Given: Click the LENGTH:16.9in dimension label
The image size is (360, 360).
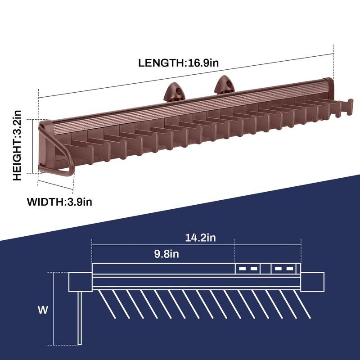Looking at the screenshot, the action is [x=179, y=63].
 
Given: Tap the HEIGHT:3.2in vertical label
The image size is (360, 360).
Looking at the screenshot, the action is [x=18, y=145].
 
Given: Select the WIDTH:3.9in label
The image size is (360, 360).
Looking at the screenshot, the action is [x=59, y=202].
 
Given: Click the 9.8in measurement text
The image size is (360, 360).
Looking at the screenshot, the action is [x=166, y=254].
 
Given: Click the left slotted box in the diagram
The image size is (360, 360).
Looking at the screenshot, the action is [x=248, y=269].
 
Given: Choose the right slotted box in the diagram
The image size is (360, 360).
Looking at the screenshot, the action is [x=283, y=269].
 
